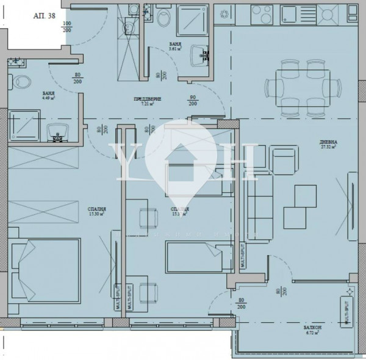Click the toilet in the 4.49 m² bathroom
coord(23,80)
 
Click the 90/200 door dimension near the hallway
coord(193,101)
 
